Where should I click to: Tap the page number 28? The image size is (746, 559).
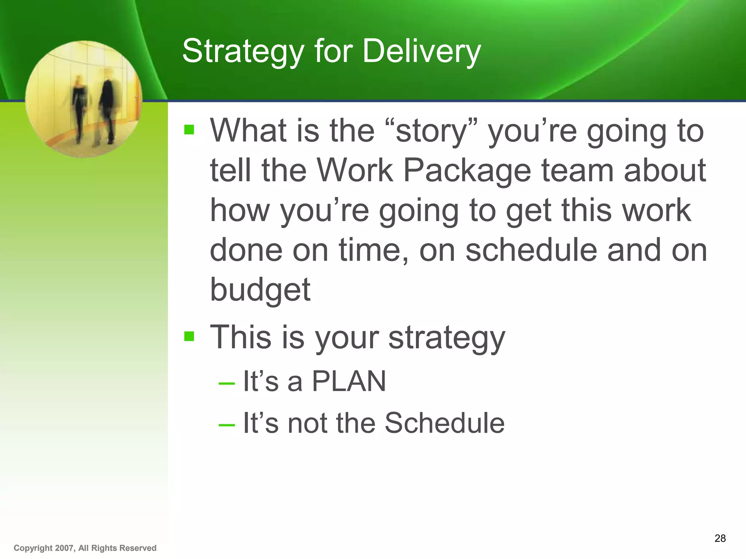720,538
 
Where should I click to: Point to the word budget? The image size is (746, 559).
260,290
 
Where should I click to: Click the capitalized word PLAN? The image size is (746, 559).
349,381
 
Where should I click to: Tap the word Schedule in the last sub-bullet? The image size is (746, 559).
444,423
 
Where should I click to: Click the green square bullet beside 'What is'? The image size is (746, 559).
189,130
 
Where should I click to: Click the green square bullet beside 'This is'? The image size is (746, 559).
189,336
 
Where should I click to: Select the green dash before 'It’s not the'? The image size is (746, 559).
226,425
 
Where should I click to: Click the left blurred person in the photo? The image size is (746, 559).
79,106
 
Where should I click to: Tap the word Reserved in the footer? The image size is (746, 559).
138,548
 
